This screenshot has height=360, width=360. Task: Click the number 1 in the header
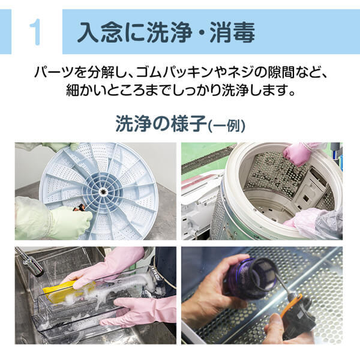tap(35, 32)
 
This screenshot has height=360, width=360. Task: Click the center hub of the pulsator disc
tap(104, 193)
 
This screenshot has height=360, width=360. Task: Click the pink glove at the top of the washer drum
tap(298, 154)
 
